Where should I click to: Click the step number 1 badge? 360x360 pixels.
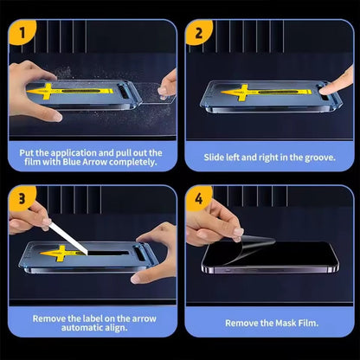22,32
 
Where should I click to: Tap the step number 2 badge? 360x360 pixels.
198,32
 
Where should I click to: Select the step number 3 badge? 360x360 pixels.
22,198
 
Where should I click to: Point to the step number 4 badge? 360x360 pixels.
198,198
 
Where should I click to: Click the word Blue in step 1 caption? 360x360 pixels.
72,162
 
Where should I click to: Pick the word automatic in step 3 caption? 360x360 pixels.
80,328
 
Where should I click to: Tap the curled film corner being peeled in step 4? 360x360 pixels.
247,248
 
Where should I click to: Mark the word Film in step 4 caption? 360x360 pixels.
308,323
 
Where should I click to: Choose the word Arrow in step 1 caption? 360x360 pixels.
94,162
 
